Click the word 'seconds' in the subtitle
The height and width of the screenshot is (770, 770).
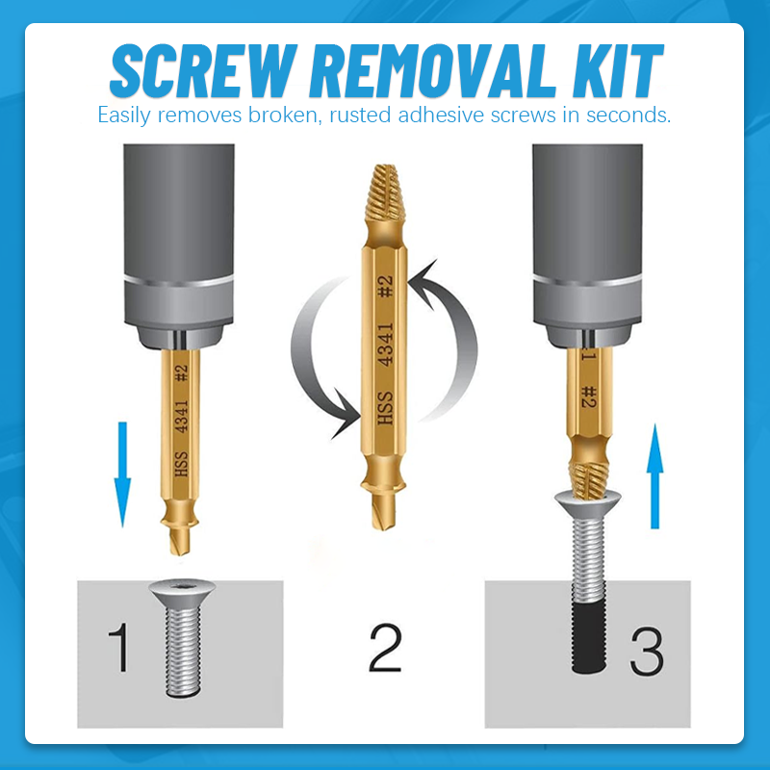coord(630,115)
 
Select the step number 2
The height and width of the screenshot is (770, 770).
coord(384,648)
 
